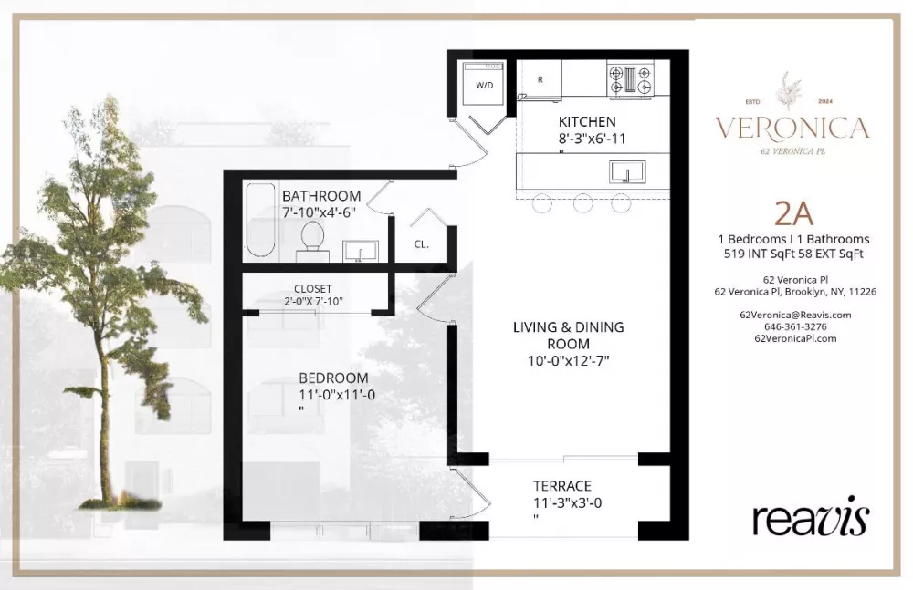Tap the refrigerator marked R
pyautogui.click(x=540, y=79)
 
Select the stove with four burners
pyautogui.click(x=630, y=79)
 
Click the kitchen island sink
pyautogui.click(x=627, y=172)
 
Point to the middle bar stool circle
pyautogui.click(x=582, y=203)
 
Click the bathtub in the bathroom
pyautogui.click(x=260, y=220)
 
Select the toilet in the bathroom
pyautogui.click(x=312, y=241)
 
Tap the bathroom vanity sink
pyautogui.click(x=361, y=252)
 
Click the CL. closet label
pyautogui.click(x=422, y=244)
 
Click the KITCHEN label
pyautogui.click(x=587, y=121)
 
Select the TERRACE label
pyautogui.click(x=561, y=486)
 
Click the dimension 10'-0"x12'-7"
pyautogui.click(x=568, y=361)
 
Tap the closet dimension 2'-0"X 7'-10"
pyautogui.click(x=313, y=302)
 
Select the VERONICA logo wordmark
pyautogui.click(x=792, y=128)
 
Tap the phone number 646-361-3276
pyautogui.click(x=795, y=327)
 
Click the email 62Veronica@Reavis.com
pyautogui.click(x=795, y=315)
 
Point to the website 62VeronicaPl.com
pyautogui.click(x=795, y=338)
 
